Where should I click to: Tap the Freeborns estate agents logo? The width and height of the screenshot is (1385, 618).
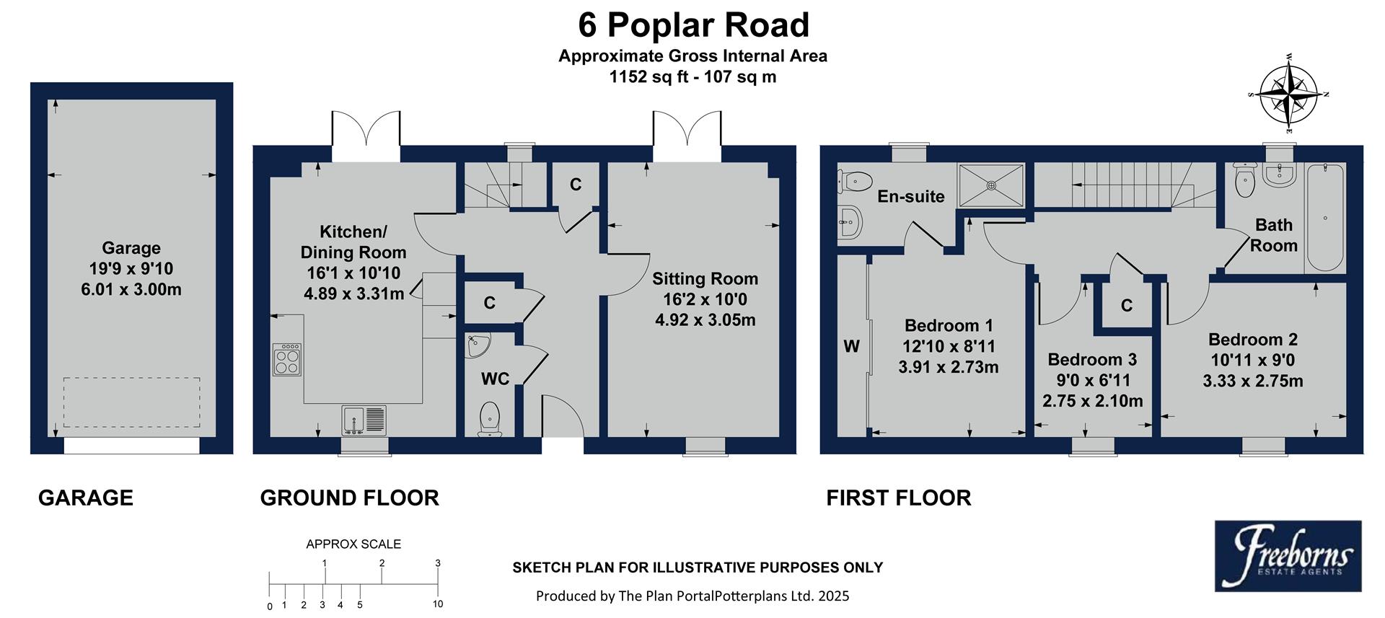[x=1288, y=556]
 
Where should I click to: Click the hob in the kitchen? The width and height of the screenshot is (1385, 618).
[x=286, y=359]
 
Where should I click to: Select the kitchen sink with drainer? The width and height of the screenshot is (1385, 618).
[x=364, y=420]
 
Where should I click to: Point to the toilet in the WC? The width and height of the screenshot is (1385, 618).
[x=490, y=419]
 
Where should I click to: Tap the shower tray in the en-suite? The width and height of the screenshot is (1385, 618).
[x=990, y=185]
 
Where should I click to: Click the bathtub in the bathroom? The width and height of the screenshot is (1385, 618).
[x=1324, y=217]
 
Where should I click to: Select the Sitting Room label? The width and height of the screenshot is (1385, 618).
[x=705, y=278]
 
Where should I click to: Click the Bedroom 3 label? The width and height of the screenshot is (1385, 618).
[x=1092, y=359]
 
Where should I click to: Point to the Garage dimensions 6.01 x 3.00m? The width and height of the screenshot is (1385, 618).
[x=131, y=290]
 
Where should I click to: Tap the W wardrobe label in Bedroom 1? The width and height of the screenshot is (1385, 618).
[x=851, y=346]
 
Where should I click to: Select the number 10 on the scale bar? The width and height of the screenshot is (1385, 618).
[x=437, y=604]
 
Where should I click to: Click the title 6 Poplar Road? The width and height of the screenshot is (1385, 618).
[x=693, y=25]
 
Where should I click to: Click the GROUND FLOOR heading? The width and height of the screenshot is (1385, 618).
[x=349, y=498]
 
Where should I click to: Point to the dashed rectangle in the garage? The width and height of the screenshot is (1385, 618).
[x=131, y=402]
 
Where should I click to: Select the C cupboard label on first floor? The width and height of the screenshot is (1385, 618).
[x=1126, y=306]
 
